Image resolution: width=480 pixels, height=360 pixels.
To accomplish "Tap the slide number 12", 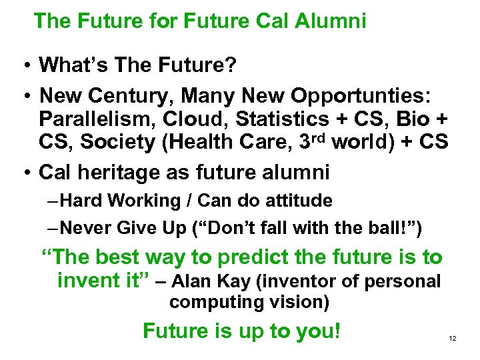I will click(453, 339).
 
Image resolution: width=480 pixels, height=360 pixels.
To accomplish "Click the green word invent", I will click(87, 281).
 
